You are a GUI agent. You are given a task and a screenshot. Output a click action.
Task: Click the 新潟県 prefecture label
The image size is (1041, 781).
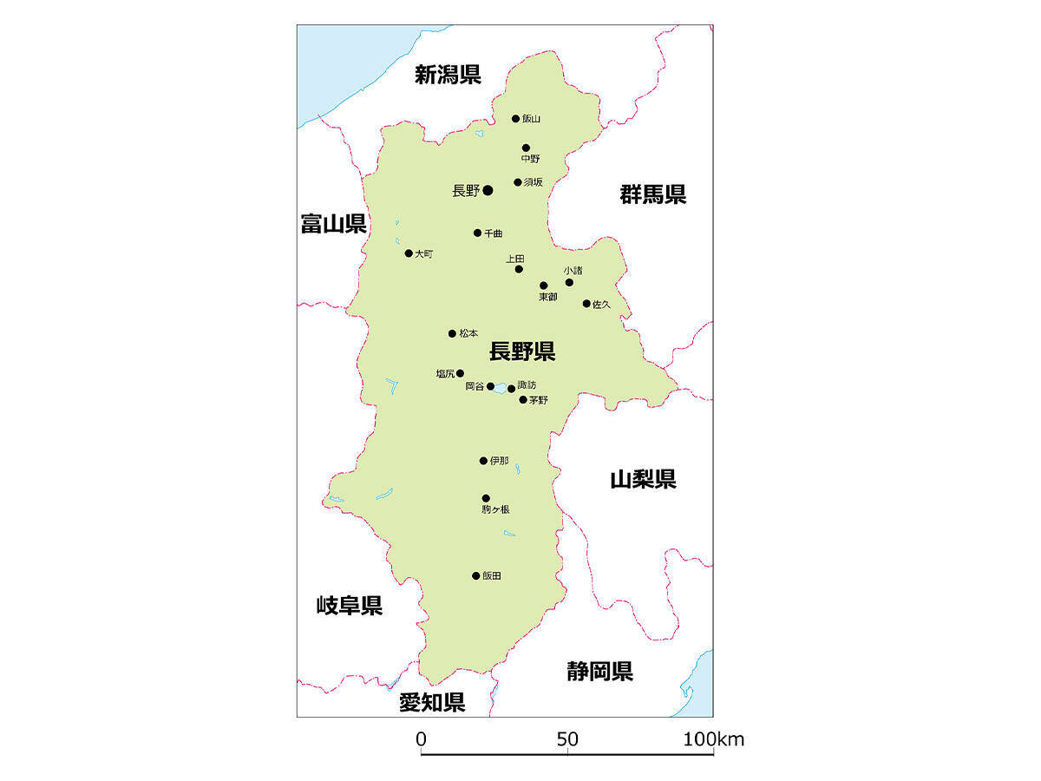[x=448, y=75]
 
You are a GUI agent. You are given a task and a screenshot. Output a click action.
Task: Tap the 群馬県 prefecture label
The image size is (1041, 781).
[x=652, y=194]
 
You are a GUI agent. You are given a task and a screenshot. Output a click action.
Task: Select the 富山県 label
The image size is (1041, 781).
[x=333, y=225]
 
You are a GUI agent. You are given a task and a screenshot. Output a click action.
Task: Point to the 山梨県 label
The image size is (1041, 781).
[x=643, y=479]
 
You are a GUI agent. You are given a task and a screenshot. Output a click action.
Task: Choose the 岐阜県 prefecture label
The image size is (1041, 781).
[x=349, y=606]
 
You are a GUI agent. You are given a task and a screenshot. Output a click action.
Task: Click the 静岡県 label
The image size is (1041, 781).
[x=599, y=671]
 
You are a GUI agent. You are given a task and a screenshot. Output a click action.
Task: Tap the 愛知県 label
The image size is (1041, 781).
[x=432, y=702]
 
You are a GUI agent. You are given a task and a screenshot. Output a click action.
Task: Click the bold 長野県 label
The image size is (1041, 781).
[x=522, y=351]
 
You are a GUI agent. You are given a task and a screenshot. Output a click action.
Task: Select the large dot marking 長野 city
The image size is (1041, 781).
[x=488, y=190]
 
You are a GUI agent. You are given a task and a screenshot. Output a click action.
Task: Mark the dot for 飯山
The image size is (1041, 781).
[x=515, y=119]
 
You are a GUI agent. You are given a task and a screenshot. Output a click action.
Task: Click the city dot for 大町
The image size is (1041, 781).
[x=409, y=253]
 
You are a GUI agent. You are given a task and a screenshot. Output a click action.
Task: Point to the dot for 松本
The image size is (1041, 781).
[x=452, y=333]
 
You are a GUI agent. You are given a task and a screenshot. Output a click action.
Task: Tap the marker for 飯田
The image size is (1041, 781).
[x=475, y=575]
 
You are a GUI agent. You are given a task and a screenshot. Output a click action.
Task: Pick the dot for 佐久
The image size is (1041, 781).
[x=586, y=304]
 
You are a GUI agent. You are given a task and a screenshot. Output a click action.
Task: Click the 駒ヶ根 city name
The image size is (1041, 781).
[x=495, y=510]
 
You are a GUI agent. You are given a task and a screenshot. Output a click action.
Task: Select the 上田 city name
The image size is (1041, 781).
[x=515, y=259]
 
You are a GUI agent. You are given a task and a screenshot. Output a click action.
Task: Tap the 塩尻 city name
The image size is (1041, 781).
[x=445, y=374]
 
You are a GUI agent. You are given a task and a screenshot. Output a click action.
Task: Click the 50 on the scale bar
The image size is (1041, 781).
[x=567, y=740]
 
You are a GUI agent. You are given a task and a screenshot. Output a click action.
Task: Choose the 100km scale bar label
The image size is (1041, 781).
[x=712, y=740]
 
